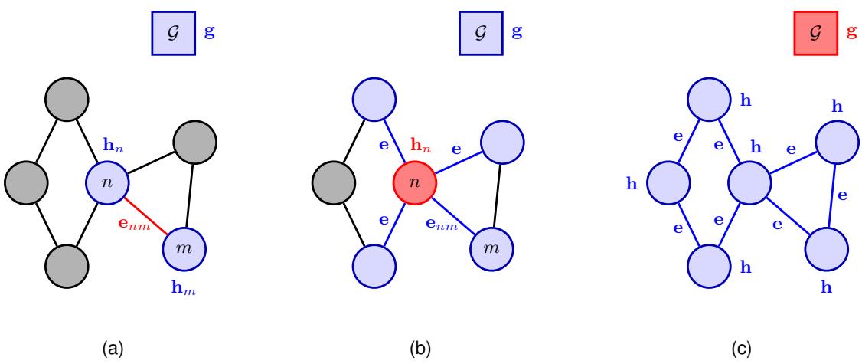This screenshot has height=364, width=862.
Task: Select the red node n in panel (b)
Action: tap(414, 183)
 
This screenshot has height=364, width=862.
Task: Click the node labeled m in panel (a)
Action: tap(185, 249)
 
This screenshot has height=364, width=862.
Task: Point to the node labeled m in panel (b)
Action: tap(492, 249)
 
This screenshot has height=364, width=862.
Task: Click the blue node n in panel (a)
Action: tap(106, 183)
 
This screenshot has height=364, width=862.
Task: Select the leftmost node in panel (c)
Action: tap(668, 183)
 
